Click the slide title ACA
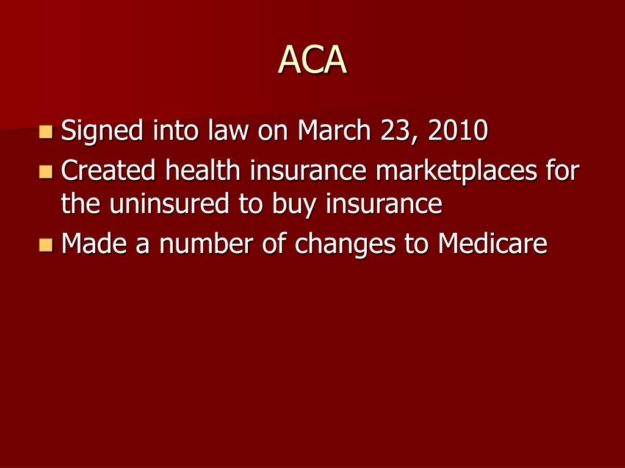click(x=312, y=60)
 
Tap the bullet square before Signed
click(x=46, y=131)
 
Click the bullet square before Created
click(x=46, y=171)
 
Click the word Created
click(x=108, y=171)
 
